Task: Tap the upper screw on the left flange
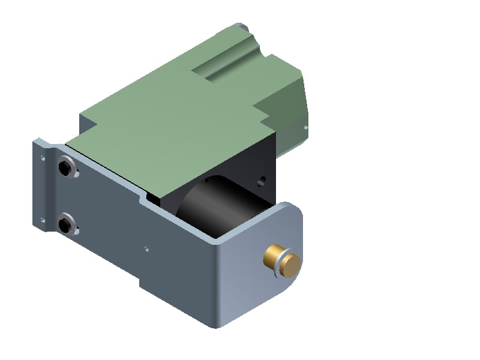pos(65,167)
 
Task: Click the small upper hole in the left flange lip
pos(42,158)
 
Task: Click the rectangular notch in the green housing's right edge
pos(264,108)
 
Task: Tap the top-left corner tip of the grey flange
pos(36,140)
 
